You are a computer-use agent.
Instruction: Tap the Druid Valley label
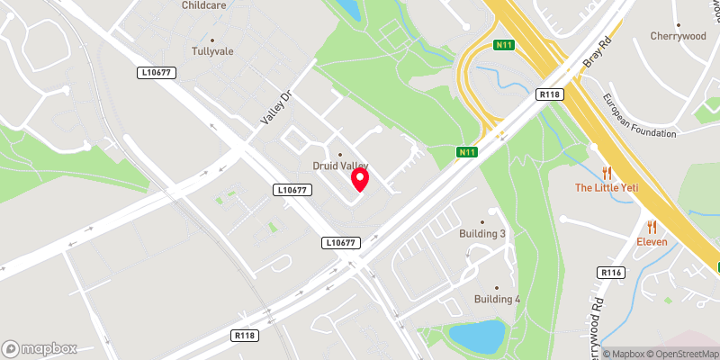coord(340,166)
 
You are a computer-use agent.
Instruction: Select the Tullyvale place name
coord(212,51)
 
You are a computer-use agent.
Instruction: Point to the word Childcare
coord(204,5)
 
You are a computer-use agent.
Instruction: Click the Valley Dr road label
coord(276,107)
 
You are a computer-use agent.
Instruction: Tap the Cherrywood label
coord(679,36)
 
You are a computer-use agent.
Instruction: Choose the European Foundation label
coord(639,116)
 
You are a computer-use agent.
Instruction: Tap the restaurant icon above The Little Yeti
coord(607,172)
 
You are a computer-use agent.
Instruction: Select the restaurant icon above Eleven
coord(651,227)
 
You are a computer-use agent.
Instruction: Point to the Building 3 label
coord(490,234)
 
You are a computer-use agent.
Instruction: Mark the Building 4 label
coord(498,299)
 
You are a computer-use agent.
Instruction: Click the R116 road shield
coord(611,272)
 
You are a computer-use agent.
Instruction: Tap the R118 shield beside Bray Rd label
coord(549,94)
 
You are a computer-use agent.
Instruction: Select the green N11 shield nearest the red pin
coord(465,152)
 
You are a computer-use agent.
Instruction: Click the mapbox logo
coord(40,348)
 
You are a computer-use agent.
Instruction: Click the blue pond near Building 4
coord(476,337)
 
